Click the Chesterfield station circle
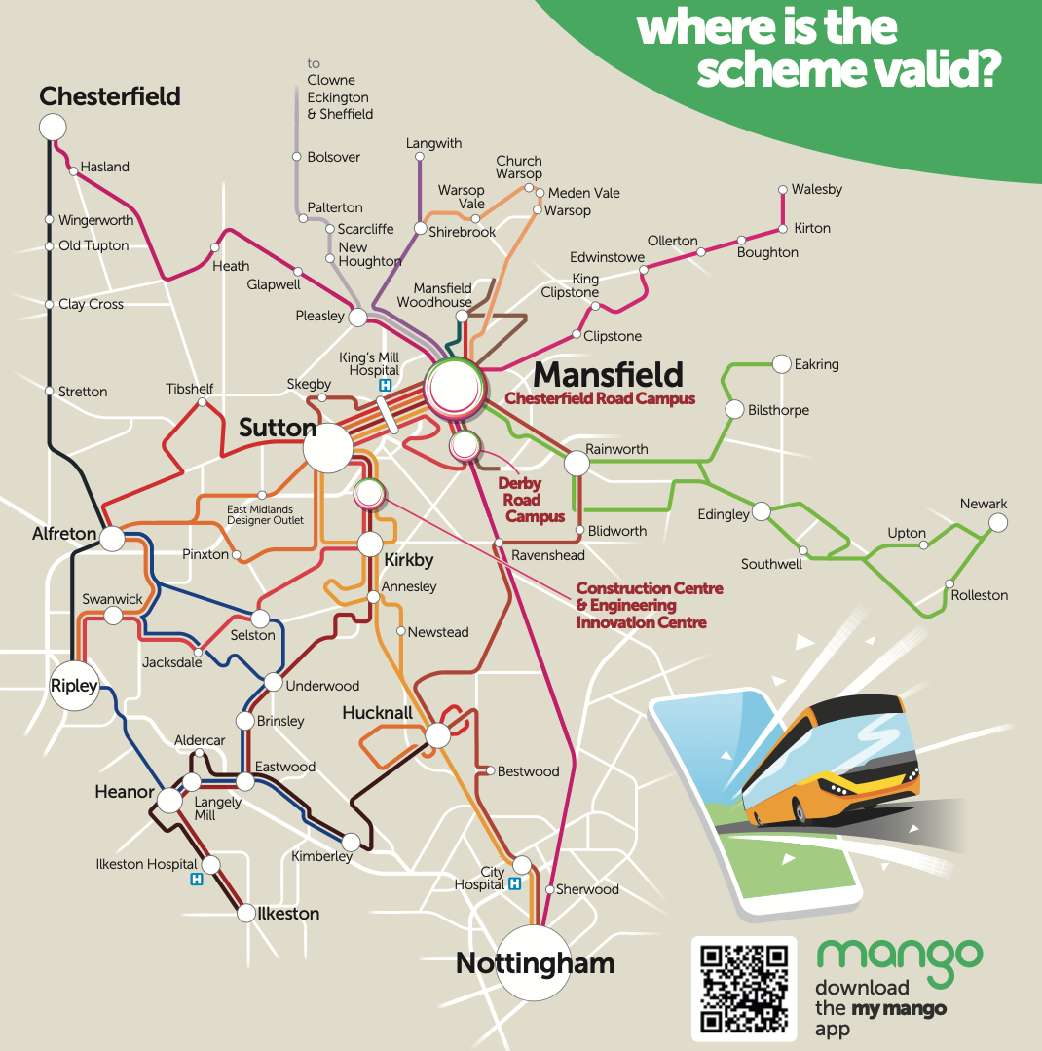(52, 127)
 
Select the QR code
(745, 989)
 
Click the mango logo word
(899, 956)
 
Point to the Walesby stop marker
(782, 190)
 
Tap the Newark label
(983, 504)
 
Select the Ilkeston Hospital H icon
(196, 880)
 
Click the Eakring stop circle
(781, 364)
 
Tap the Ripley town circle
(75, 686)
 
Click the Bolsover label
(333, 157)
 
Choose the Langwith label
(433, 143)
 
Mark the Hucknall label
(377, 713)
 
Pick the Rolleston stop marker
(950, 584)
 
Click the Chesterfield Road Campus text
(600, 398)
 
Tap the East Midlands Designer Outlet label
(265, 514)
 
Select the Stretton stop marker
(49, 391)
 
